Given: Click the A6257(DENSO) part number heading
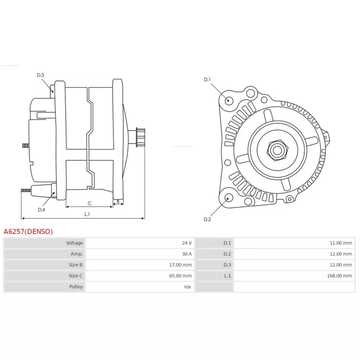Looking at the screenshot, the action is (28, 231).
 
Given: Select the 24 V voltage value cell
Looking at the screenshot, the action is (187, 243).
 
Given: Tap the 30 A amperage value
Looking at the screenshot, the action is (187, 254).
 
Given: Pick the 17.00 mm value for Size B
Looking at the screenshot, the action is (180, 265).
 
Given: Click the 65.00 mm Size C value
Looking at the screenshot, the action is (180, 276).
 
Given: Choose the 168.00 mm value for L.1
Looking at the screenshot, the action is (340, 276).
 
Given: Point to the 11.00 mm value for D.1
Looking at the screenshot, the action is (341, 243).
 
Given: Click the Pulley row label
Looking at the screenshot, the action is (76, 287).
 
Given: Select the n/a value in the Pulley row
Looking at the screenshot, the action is (187, 287).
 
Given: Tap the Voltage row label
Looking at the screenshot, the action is (74, 243).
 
